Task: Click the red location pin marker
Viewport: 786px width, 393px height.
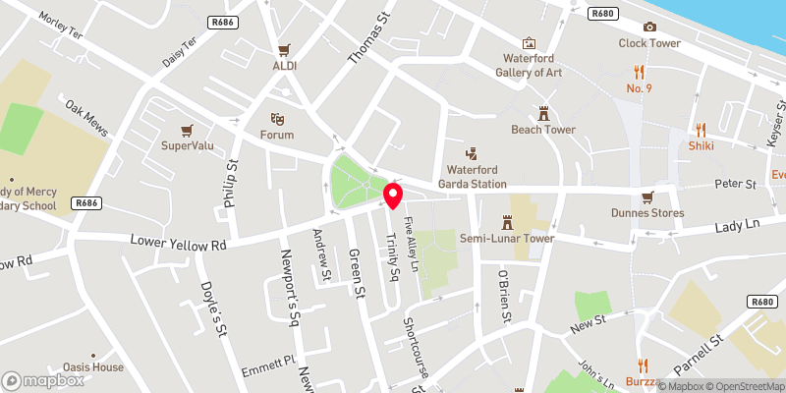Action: click(394, 195)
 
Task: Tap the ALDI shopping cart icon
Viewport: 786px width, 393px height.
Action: click(285, 49)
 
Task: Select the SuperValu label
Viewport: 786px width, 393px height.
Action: click(187, 145)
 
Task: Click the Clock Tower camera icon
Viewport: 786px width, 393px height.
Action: click(649, 27)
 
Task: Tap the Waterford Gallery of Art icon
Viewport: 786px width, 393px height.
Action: click(530, 43)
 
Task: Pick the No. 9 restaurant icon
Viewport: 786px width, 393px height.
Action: click(639, 72)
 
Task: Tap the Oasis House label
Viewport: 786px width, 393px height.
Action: click(93, 367)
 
